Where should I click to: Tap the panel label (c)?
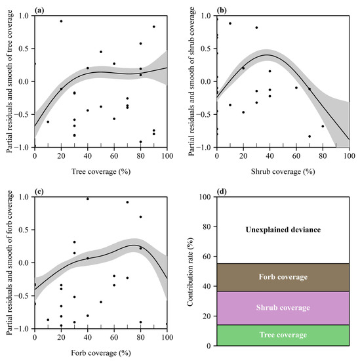pyautogui.click(x=41, y=192)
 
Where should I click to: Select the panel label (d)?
pyautogui.click(x=223, y=192)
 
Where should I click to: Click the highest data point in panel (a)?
pyautogui.click(x=61, y=21)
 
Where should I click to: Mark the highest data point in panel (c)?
pyautogui.click(x=88, y=199)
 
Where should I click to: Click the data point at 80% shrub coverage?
pyautogui.click(x=323, y=126)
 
